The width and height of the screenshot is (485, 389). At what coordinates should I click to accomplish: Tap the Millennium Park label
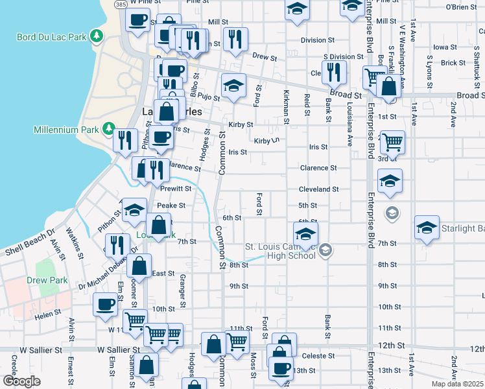67,130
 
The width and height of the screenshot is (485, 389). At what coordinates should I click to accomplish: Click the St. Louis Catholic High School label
280,250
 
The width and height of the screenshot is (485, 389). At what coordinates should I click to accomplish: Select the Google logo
21,381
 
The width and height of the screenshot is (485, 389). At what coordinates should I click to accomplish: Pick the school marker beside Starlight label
427,226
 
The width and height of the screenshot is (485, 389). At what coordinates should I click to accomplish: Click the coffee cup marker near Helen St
105,303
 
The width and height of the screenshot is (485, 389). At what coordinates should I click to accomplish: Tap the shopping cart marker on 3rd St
392,141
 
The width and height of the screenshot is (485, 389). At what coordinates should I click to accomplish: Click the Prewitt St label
176,189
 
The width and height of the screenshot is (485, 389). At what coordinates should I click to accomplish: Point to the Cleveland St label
318,189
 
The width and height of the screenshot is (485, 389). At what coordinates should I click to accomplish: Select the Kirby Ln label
266,141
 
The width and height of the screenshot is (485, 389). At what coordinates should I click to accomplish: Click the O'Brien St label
461,7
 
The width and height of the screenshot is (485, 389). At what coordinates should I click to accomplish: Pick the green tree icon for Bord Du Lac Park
97,34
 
